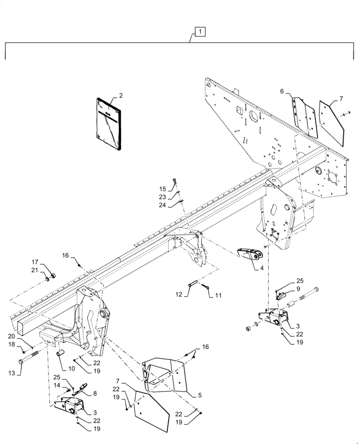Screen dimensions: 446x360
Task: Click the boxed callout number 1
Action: click(x=200, y=32)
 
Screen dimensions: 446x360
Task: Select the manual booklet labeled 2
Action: click(x=108, y=125)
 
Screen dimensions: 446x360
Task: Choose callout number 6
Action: click(x=282, y=91)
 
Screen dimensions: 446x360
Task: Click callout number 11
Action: click(x=218, y=295)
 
